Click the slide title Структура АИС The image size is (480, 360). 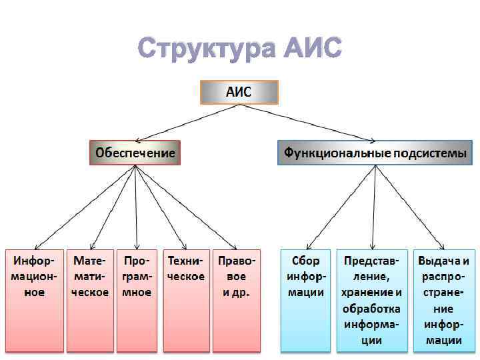(x=240, y=48)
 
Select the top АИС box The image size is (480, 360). (x=239, y=92)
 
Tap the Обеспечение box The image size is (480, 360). (x=135, y=153)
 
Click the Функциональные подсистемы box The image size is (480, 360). (x=375, y=153)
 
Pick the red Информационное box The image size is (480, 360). (x=34, y=300)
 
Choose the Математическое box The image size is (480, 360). (x=90, y=300)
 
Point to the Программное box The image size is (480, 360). (x=137, y=300)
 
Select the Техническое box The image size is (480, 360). (x=186, y=300)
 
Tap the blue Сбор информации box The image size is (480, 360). (x=305, y=300)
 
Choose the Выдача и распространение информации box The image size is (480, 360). (x=443, y=300)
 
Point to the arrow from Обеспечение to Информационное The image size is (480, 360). (x=84, y=207)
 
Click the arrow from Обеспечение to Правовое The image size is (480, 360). (x=186, y=207)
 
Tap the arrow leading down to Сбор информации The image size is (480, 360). (x=340, y=207)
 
